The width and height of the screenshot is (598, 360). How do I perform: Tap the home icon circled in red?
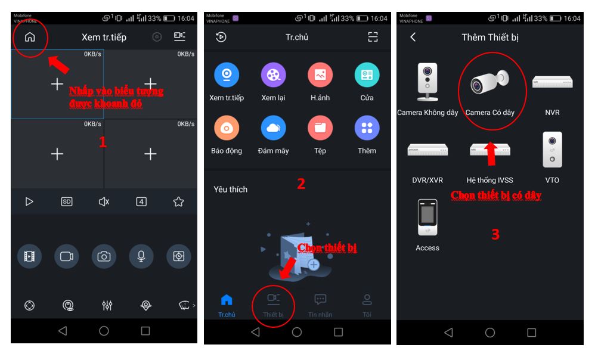tap(30, 37)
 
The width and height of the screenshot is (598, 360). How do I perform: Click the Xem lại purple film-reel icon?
tap(273, 75)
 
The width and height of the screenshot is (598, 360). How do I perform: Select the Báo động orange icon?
tap(227, 128)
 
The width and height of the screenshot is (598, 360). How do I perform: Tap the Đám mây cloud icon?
tap(273, 128)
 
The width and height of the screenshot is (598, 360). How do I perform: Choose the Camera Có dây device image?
tap(489, 82)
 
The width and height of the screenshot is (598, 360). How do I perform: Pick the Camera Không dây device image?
tap(427, 82)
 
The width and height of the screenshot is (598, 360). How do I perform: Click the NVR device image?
tap(552, 82)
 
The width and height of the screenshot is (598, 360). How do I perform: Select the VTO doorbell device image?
tap(552, 150)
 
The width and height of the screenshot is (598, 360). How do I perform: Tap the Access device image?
tap(427, 218)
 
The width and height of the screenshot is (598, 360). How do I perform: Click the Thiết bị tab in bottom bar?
tap(273, 305)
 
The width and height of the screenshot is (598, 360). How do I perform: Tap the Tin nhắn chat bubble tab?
tap(320, 305)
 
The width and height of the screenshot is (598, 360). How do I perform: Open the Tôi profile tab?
tap(367, 305)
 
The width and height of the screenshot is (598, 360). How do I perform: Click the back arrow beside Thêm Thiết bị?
tap(413, 37)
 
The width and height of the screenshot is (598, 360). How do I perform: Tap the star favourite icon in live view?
tap(178, 201)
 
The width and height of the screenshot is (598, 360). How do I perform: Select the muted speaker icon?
tap(104, 201)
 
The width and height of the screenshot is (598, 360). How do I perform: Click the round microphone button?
tap(141, 256)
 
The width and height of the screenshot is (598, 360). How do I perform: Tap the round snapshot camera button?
tap(104, 256)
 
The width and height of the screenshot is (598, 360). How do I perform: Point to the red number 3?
tap(495, 234)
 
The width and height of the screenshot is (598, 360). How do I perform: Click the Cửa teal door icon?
tap(367, 75)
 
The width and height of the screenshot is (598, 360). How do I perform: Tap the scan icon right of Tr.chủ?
tap(373, 37)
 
